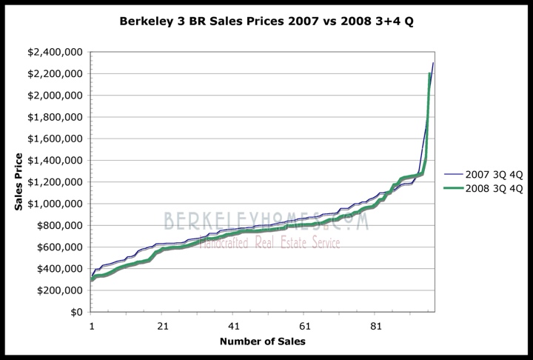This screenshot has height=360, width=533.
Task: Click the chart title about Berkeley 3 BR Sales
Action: point(266,21)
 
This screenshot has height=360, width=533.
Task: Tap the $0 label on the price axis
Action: point(77,312)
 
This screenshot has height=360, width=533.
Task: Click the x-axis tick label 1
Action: point(92,326)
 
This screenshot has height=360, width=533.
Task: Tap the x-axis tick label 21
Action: point(163,326)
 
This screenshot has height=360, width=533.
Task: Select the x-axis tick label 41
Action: point(234,326)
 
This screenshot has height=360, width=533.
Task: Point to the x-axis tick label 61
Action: point(304,326)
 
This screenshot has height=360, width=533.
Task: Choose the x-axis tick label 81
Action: point(375,326)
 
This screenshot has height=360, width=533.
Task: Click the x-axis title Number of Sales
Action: point(262,341)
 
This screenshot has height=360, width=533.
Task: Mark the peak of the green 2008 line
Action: point(430,73)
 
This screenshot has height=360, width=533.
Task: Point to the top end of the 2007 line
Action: point(433,63)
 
